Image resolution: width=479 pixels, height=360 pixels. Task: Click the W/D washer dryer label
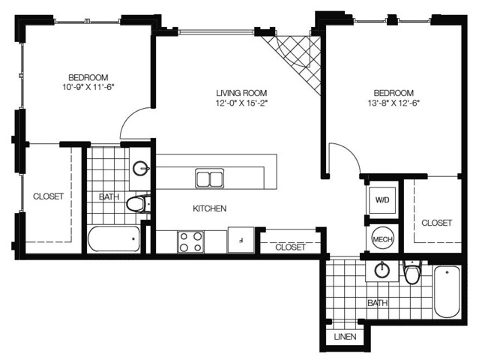point(382,200)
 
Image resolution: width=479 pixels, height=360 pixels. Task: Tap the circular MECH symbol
point(382,239)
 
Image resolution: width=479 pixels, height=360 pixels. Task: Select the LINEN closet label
point(346,337)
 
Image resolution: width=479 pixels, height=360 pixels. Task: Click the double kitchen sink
point(210,178)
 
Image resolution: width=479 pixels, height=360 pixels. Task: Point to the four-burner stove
point(191,241)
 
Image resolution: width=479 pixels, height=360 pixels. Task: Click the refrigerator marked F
point(241,240)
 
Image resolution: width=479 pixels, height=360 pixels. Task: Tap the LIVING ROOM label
point(241,93)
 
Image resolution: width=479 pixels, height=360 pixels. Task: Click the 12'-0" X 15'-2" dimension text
point(241,103)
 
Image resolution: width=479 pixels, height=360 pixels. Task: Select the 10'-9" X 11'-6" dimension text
point(88,88)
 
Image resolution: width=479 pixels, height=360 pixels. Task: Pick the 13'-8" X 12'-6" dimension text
point(394,103)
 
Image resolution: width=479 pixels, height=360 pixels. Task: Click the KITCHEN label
point(210,208)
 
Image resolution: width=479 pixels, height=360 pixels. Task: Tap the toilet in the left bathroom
point(139,203)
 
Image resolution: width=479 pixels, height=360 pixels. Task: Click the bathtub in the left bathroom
point(114,239)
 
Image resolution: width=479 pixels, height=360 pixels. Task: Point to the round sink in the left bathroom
point(141,169)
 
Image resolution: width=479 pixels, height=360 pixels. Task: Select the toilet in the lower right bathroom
point(412,272)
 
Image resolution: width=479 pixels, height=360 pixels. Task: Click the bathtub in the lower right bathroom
point(447,292)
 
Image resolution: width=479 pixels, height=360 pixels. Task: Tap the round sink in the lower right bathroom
point(382,269)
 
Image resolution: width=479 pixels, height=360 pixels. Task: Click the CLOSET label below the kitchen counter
point(290,247)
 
